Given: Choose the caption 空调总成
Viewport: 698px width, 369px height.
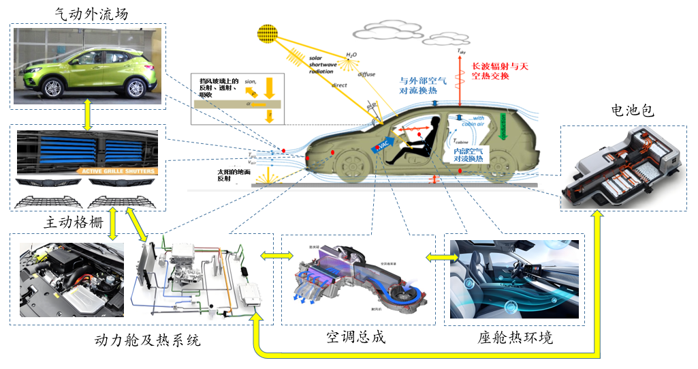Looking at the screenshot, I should (x=355, y=336).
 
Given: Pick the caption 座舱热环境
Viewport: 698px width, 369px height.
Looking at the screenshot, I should (x=515, y=338).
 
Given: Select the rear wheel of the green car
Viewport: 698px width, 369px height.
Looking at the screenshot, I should (x=136, y=87).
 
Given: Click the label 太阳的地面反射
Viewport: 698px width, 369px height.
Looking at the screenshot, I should (x=229, y=176).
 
